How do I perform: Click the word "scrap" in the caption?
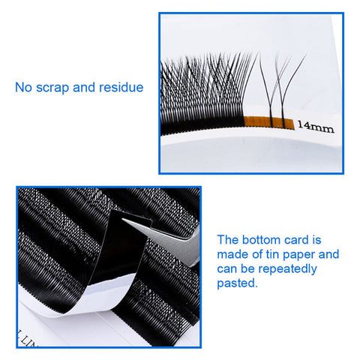pos(52,88)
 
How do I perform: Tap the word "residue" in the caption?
pos(121,88)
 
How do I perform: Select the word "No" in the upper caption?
pos(23,88)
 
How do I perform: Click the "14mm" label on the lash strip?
pos(316,126)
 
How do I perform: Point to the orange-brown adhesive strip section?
pos(268,122)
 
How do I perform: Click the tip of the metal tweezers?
pos(123,220)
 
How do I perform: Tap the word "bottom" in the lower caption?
pos(261,240)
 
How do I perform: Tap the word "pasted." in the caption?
pos(237,284)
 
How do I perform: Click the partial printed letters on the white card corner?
pos(26,340)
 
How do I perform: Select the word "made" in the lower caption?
pos(232,254)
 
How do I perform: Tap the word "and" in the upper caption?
pos(84,88)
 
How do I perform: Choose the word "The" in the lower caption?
pos(228,240)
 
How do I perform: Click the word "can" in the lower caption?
pos(226,270)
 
